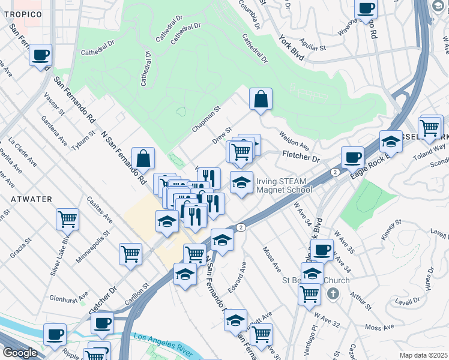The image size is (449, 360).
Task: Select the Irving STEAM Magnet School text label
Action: click(284, 185)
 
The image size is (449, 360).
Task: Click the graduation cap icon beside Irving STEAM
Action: click(241, 183)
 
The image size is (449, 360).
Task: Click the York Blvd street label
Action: click(292, 48)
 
